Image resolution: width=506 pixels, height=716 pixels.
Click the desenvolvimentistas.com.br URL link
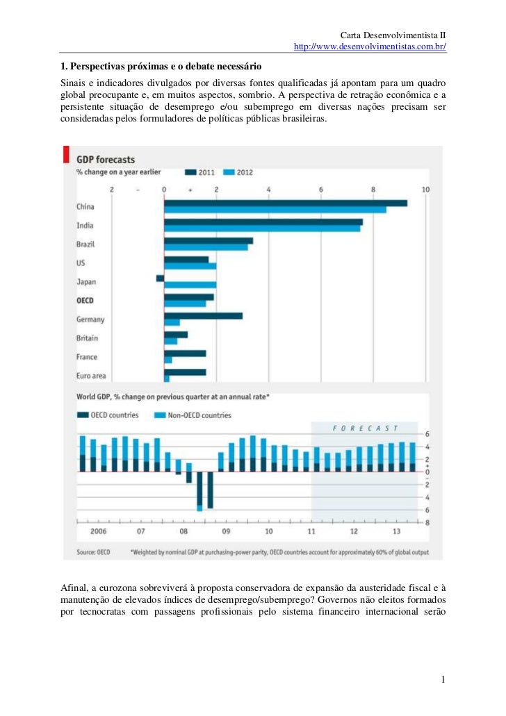point(370,47)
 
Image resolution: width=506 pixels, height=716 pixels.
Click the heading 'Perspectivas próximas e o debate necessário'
point(161,67)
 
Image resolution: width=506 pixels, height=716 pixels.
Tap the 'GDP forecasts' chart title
point(106,159)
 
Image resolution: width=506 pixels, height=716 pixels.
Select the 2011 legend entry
point(201,172)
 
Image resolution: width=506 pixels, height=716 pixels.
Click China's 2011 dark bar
point(285,203)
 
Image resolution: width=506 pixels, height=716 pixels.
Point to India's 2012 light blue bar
point(262,228)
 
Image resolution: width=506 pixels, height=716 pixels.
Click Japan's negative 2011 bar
point(160,278)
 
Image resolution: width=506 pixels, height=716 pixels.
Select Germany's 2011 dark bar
point(203,315)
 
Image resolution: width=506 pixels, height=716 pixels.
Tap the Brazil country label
point(85,244)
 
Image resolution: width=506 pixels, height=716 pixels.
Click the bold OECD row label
point(85,301)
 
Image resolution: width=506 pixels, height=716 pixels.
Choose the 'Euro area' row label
point(91,376)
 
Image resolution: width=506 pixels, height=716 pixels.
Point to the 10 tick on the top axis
point(425,190)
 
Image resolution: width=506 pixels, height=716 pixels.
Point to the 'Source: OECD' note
point(92,553)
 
